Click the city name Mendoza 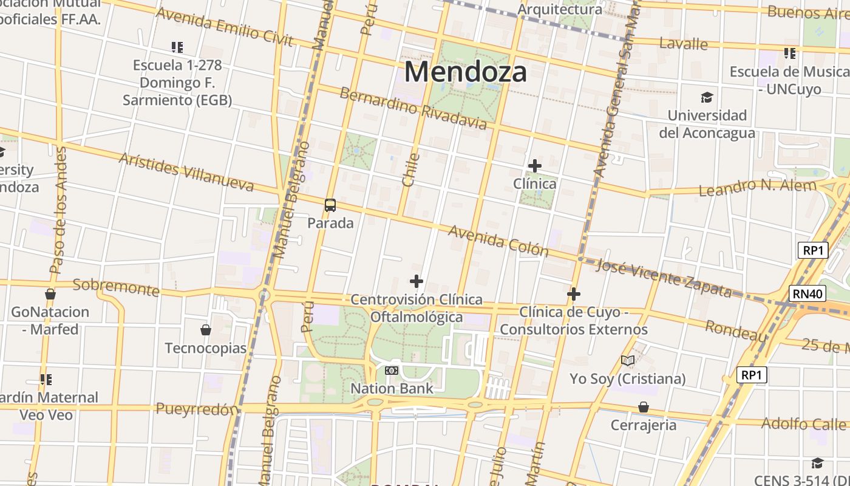click(465, 72)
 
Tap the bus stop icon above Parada click(330, 205)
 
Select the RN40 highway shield click(808, 294)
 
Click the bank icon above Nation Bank click(392, 370)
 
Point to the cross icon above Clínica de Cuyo click(573, 295)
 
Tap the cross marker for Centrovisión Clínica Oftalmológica click(416, 281)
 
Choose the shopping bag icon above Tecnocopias click(206, 330)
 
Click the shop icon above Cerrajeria click(643, 407)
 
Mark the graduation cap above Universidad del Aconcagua click(707, 97)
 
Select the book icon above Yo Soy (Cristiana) click(627, 361)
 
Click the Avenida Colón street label click(498, 241)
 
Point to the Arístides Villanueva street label click(186, 172)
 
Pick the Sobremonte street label click(116, 287)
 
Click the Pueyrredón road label click(196, 409)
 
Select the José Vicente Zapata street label click(664, 278)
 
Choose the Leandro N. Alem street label click(757, 187)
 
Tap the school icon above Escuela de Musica click(789, 53)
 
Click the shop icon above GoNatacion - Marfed click(50, 295)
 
